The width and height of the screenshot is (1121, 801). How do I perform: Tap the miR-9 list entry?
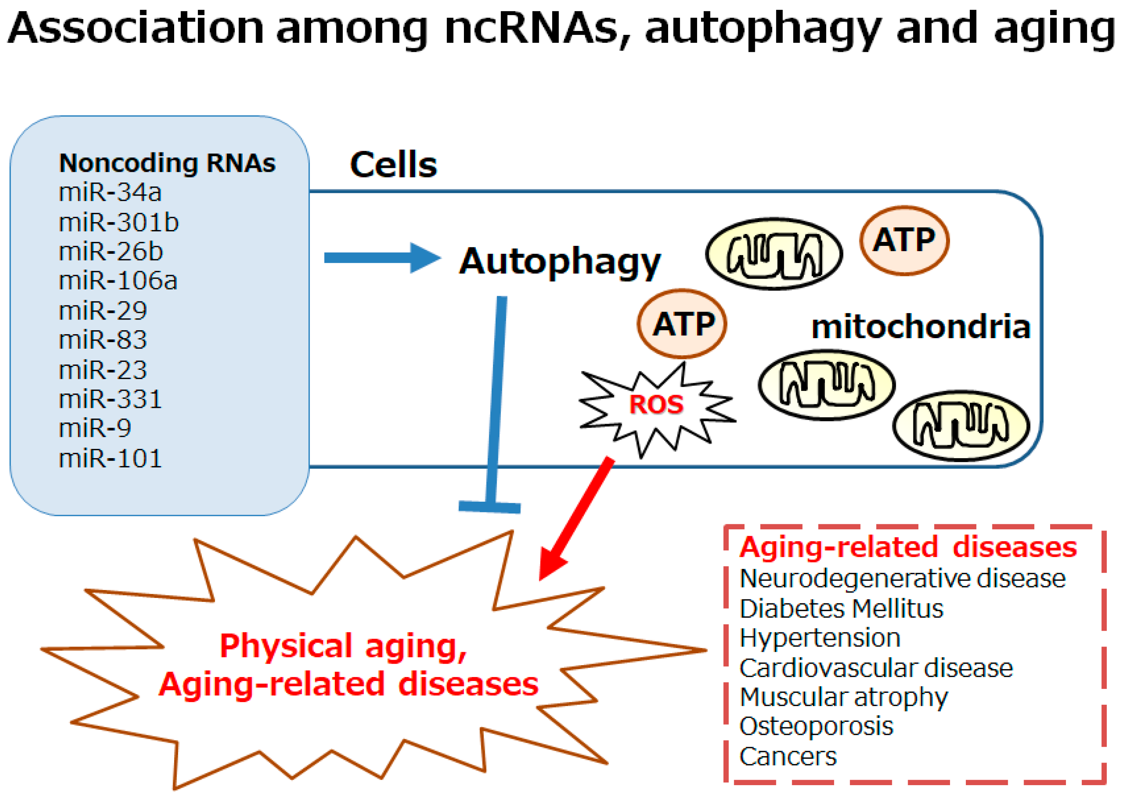click(x=95, y=428)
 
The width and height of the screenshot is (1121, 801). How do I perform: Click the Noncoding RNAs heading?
click(x=167, y=163)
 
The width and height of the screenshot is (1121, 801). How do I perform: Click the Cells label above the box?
click(x=393, y=165)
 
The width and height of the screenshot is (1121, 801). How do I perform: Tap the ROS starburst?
click(x=656, y=404)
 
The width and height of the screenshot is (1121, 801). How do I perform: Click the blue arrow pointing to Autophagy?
click(x=382, y=257)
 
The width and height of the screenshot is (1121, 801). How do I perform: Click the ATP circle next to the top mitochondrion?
click(x=904, y=241)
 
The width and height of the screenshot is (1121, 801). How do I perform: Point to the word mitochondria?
click(x=921, y=327)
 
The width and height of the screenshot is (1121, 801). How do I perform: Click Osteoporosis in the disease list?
click(x=816, y=727)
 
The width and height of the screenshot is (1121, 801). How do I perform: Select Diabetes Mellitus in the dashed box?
click(x=841, y=609)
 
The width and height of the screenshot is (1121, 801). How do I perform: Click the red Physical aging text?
click(x=343, y=646)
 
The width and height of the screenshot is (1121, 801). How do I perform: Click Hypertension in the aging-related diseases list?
click(x=820, y=638)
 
